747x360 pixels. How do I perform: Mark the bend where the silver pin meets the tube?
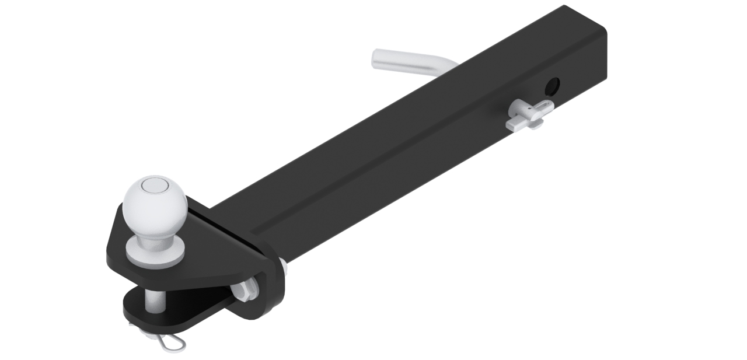coord(446,64)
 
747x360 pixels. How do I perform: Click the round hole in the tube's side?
coord(551,88)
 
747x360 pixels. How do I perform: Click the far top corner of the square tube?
coord(565,8)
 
